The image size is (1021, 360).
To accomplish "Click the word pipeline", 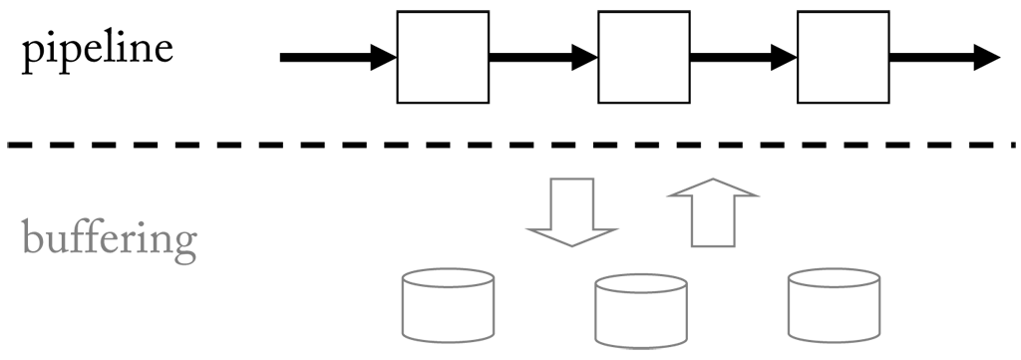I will click(x=97, y=49).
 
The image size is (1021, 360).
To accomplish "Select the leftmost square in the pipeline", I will click(x=443, y=57).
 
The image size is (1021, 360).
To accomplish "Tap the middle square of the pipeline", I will click(x=642, y=57).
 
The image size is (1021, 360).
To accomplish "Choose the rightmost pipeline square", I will click(x=843, y=57).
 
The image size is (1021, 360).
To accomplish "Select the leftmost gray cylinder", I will click(x=447, y=305).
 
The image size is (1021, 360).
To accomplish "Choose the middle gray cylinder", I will click(x=641, y=312).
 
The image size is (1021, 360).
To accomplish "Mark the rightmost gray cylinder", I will click(x=835, y=305).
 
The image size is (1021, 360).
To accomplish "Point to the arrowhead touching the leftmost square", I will click(x=384, y=58).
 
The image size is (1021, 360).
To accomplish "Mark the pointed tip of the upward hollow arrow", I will click(x=713, y=181).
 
